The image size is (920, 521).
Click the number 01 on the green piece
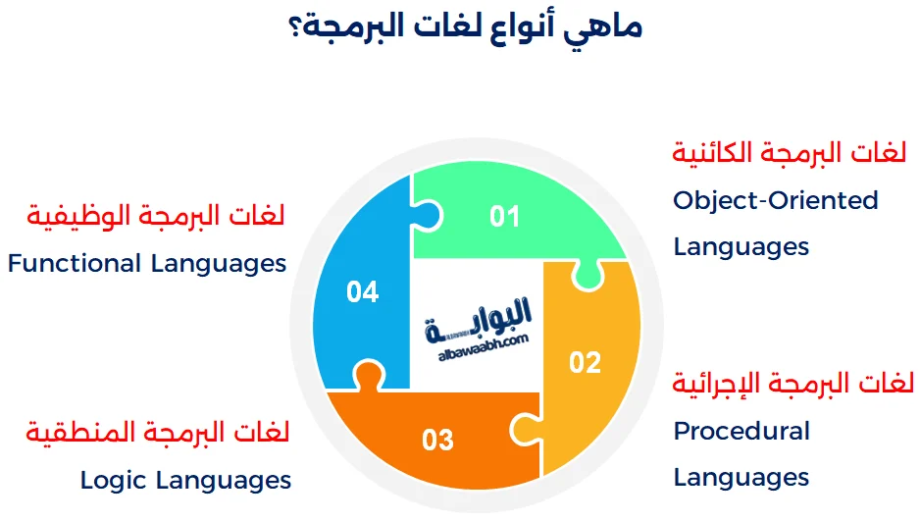pyautogui.click(x=504, y=215)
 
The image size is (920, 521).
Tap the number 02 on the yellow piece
pyautogui.click(x=585, y=362)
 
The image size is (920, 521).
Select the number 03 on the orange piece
pyautogui.click(x=437, y=439)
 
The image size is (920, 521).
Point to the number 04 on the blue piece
pyautogui.click(x=362, y=291)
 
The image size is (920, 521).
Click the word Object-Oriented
pyautogui.click(x=775, y=200)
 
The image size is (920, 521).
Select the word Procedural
pyautogui.click(x=741, y=431)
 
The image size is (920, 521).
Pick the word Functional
pyautogui.click(x=75, y=263)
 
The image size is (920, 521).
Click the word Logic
pyautogui.click(x=117, y=480)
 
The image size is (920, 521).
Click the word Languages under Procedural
pyautogui.click(x=741, y=478)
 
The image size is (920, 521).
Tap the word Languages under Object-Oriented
pyautogui.click(x=741, y=246)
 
